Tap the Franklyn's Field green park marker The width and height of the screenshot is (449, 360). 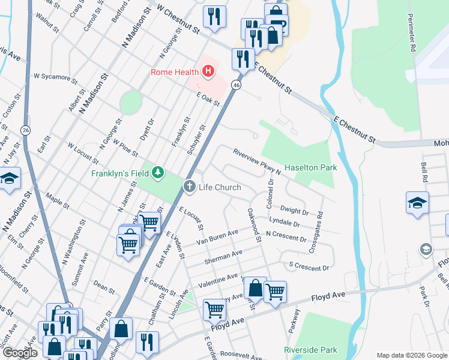[x=157, y=173]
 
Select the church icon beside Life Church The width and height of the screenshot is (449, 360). [x=190, y=187]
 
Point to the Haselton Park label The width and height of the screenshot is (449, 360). [x=310, y=167]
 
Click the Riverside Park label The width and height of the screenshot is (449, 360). [x=310, y=350]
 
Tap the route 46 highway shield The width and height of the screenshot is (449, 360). [x=237, y=86]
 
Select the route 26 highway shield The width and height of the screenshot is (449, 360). [x=25, y=130]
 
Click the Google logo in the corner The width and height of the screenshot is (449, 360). [x=20, y=353]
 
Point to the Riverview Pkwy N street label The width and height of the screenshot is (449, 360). [x=257, y=161]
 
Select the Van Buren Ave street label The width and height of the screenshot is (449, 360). [x=218, y=238]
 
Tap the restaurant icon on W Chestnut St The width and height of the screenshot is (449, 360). [x=214, y=17]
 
